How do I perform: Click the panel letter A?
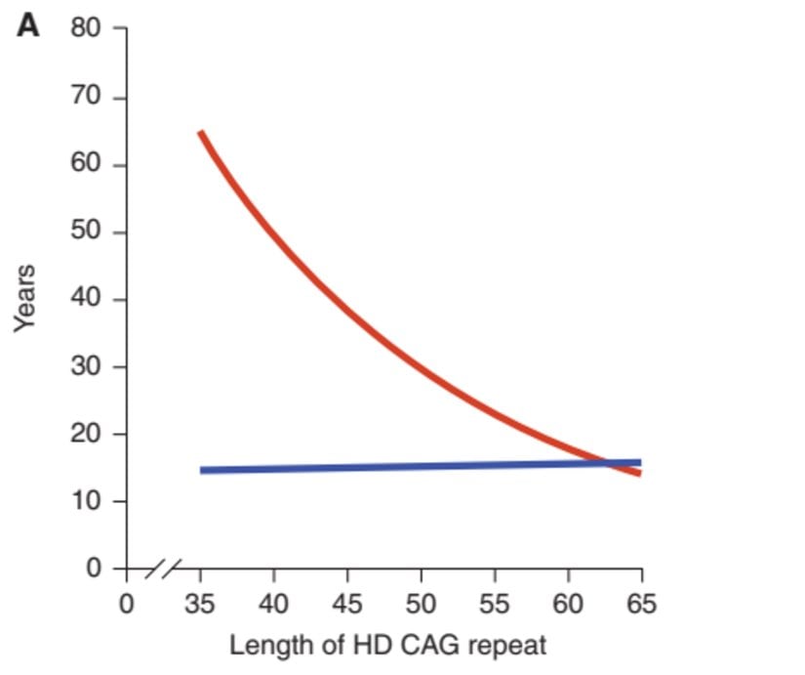28,25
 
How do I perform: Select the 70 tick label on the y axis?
85,98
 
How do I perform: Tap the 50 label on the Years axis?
85,232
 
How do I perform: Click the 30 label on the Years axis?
85,367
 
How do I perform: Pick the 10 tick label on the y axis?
85,501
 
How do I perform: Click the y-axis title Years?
25,299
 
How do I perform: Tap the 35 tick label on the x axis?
200,603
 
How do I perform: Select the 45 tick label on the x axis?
347,603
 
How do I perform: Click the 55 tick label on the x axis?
495,603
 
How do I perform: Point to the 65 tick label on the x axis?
641,603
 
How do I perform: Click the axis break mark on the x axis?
164,568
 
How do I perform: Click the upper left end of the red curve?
200,132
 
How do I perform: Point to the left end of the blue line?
201,470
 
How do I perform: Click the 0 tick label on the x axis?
126,603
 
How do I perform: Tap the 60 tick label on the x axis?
568,603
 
